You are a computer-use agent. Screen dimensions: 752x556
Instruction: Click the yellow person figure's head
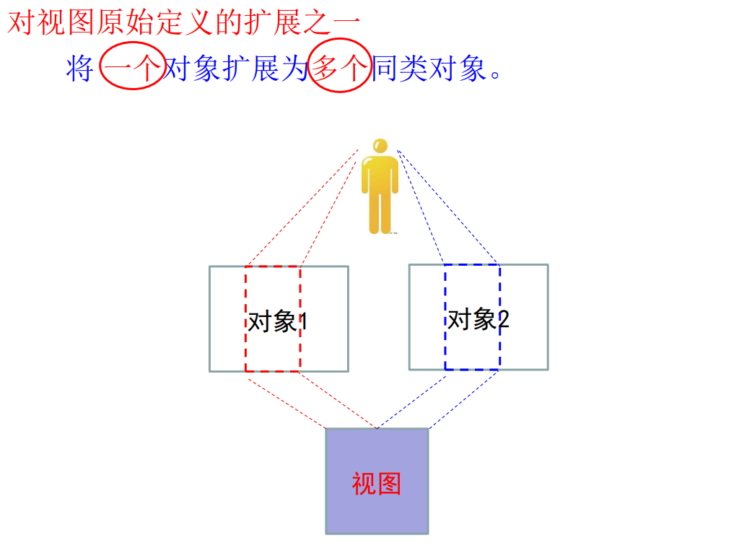click(x=380, y=146)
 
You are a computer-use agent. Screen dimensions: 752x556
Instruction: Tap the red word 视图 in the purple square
click(x=376, y=483)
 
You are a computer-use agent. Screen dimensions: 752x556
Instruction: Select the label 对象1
click(x=278, y=321)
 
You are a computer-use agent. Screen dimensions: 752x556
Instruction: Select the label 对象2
click(x=478, y=318)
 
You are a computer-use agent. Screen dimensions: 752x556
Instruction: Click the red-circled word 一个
click(x=134, y=69)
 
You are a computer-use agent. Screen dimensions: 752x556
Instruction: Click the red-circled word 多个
click(x=340, y=69)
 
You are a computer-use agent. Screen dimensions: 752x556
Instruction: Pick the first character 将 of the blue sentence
click(x=79, y=69)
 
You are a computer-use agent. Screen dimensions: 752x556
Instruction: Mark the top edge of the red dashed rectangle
click(x=273, y=266)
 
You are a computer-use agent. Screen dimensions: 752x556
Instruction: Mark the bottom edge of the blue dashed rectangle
click(x=472, y=370)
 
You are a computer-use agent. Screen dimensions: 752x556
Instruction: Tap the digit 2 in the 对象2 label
click(x=503, y=319)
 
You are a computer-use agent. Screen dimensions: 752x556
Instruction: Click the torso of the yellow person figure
click(x=380, y=173)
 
